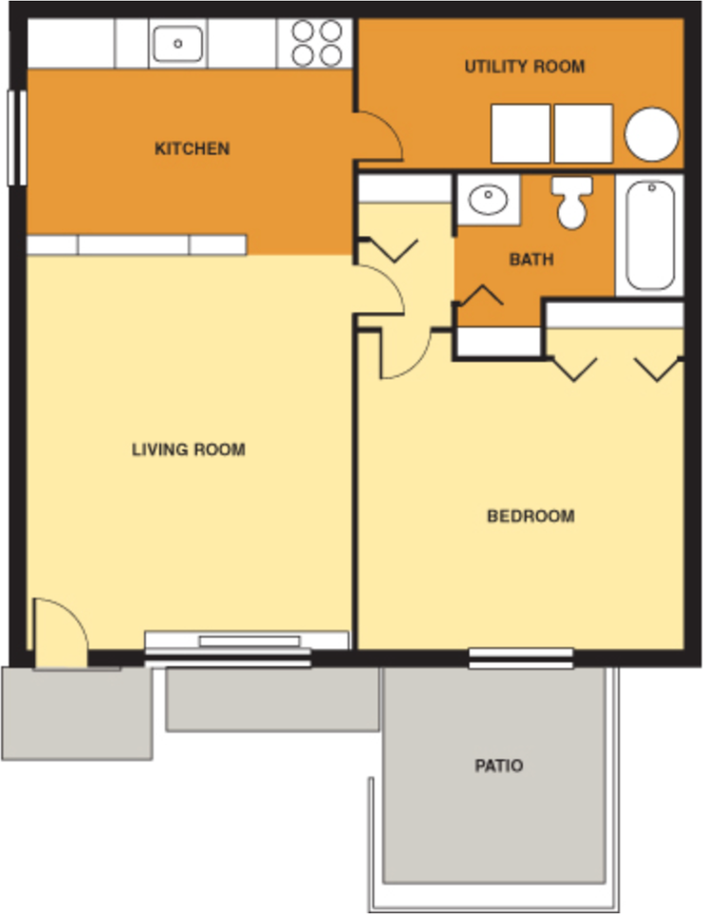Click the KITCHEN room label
pyautogui.click(x=191, y=149)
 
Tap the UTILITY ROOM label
pyautogui.click(x=524, y=67)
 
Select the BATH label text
pyautogui.click(x=531, y=259)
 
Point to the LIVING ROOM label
pyautogui.click(x=189, y=449)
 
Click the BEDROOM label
pyautogui.click(x=531, y=516)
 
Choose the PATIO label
pyautogui.click(x=499, y=765)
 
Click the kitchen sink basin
pyautogui.click(x=176, y=43)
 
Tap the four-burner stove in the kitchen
pyautogui.click(x=317, y=43)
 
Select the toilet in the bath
pyautogui.click(x=572, y=203)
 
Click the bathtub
pyautogui.click(x=650, y=234)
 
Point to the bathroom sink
pyautogui.click(x=489, y=200)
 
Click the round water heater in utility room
pyautogui.click(x=652, y=133)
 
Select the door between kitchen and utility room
pyautogui.click(x=379, y=136)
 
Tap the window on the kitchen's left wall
pyautogui.click(x=17, y=138)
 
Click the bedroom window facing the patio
pyautogui.click(x=521, y=657)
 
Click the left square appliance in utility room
pyautogui.click(x=520, y=133)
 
